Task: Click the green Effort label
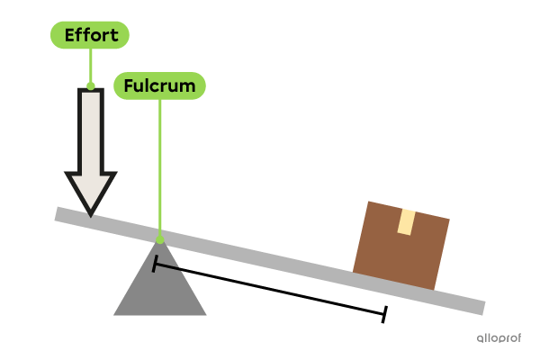click(x=90, y=35)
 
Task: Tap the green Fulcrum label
click(x=159, y=85)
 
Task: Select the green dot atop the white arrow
click(x=90, y=85)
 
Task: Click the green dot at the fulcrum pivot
click(x=160, y=240)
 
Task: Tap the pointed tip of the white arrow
click(x=91, y=213)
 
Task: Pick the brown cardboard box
click(x=400, y=247)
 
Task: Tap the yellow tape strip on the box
click(x=406, y=221)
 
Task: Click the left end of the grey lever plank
click(x=59, y=214)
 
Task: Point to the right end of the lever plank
click(x=481, y=308)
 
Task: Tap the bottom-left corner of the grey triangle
click(x=114, y=314)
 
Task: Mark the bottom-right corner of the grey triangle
click(x=205, y=314)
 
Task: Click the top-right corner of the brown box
click(x=448, y=218)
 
